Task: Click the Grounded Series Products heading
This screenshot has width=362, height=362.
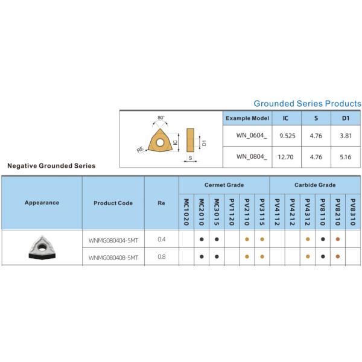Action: click(x=307, y=104)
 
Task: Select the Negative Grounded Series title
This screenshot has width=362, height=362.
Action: click(x=51, y=165)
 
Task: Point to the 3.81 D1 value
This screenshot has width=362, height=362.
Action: click(x=346, y=137)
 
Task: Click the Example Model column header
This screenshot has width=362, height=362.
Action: click(x=247, y=118)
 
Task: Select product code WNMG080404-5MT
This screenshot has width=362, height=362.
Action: click(x=113, y=240)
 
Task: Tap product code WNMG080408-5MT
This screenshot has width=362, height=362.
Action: click(x=113, y=257)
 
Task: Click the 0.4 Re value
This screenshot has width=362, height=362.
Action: click(x=161, y=240)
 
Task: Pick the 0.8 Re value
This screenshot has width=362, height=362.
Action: click(x=161, y=257)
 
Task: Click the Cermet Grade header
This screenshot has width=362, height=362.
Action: click(x=224, y=185)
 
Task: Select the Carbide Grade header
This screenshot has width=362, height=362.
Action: click(x=315, y=185)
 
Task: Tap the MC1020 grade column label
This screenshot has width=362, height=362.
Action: click(x=186, y=211)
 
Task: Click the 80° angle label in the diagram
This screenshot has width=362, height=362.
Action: click(x=160, y=118)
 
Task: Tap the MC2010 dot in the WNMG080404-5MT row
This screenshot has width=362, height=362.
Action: click(x=202, y=240)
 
